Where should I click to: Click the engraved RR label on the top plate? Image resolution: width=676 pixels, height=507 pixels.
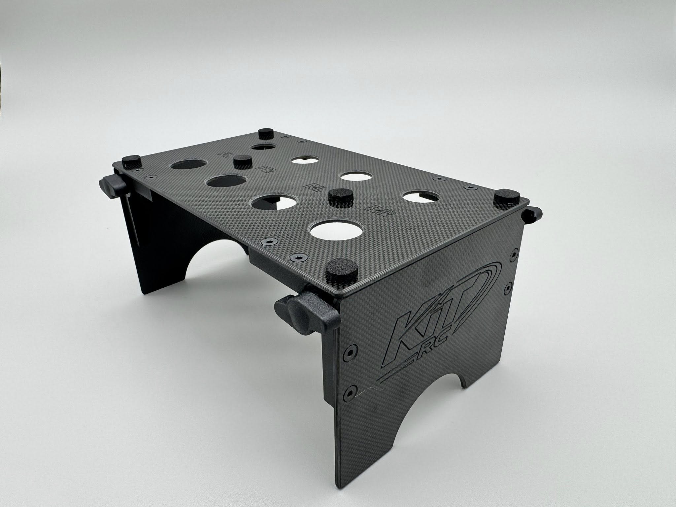[x=383, y=210]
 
